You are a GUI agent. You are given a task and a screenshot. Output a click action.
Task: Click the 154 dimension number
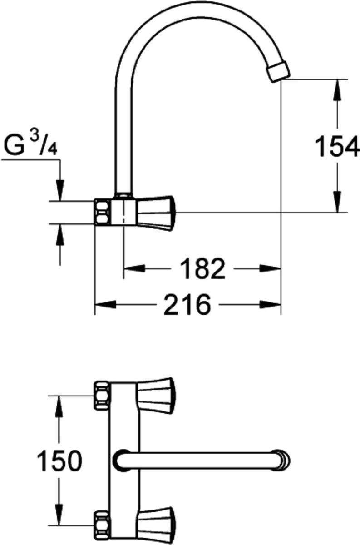pos(337,147)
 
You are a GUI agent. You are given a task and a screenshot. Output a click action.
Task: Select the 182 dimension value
pos(202,269)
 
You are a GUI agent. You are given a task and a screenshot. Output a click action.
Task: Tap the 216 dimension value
pos(187,304)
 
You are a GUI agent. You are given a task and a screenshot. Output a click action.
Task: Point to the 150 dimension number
pos(59,461)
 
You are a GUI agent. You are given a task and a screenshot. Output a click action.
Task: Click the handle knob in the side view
pos(156,213)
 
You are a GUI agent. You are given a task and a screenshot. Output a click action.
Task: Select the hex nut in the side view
pos(102,212)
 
